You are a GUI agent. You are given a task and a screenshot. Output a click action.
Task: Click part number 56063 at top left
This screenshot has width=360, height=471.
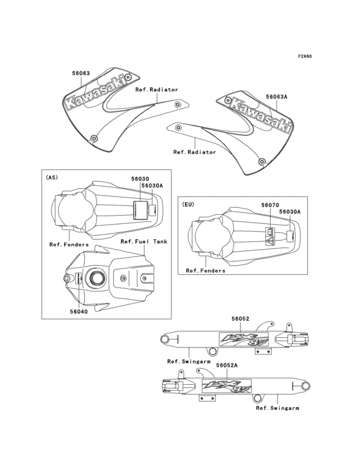tap(80, 73)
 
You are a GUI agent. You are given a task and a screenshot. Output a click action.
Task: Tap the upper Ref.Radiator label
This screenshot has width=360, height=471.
tap(156, 89)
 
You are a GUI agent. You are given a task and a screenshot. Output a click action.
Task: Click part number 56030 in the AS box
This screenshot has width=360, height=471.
tap(140, 178)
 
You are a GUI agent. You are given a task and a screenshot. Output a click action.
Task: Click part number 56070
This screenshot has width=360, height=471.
tap(270, 205)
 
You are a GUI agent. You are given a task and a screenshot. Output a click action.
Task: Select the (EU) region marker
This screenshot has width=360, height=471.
tap(188, 204)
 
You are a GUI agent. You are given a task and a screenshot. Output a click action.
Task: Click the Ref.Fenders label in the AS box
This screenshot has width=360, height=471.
tap(69, 245)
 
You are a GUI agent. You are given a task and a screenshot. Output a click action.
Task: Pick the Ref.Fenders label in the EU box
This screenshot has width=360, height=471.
tap(206, 271)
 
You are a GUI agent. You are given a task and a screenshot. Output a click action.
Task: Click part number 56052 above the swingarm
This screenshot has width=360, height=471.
tap(240, 318)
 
